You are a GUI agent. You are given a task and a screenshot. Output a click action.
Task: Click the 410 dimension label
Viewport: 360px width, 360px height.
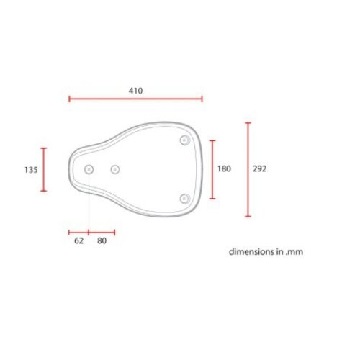pyautogui.click(x=135, y=91)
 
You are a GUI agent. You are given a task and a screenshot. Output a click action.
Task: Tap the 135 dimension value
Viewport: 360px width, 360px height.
pyautogui.click(x=30, y=170)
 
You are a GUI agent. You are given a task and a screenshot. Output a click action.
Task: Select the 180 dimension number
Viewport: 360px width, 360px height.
pyautogui.click(x=224, y=168)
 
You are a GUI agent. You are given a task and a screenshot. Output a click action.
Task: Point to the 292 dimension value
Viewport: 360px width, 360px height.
pyautogui.click(x=260, y=168)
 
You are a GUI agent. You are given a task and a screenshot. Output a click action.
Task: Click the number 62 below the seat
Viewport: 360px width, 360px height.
pyautogui.click(x=79, y=241)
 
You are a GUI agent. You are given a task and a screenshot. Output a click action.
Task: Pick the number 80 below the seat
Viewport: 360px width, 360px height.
pyautogui.click(x=102, y=241)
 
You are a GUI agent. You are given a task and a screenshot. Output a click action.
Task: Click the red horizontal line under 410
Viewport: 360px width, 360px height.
pyautogui.click(x=135, y=99)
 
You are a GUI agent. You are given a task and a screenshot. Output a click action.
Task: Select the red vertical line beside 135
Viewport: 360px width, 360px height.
pyautogui.click(x=43, y=169)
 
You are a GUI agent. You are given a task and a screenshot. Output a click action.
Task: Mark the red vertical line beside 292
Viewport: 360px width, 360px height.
pyautogui.click(x=248, y=169)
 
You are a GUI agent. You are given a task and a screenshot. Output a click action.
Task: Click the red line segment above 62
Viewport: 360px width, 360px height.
pyautogui.click(x=79, y=233)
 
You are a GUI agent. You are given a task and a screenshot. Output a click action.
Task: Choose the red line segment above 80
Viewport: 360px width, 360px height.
pyautogui.click(x=102, y=233)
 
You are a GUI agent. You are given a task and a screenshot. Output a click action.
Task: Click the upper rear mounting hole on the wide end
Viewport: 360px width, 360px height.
pyautogui.click(x=184, y=139)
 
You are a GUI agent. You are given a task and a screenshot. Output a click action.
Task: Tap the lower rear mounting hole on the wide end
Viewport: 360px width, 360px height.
pyautogui.click(x=184, y=198)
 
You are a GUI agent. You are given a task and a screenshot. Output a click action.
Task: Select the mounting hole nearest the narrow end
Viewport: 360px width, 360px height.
pyautogui.click(x=89, y=169)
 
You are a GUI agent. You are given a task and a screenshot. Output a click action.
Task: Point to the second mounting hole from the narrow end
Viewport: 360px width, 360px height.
pyautogui.click(x=114, y=169)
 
